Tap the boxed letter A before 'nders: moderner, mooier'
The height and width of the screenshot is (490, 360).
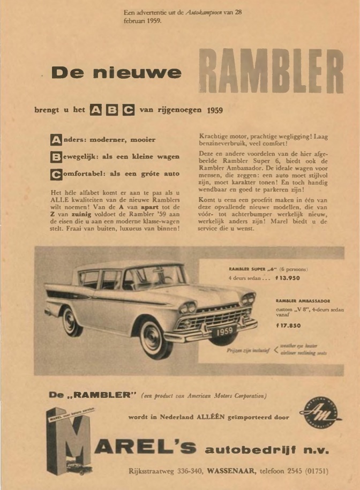[x=56, y=140]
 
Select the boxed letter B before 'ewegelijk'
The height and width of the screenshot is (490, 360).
[x=56, y=157]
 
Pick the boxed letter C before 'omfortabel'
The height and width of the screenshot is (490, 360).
[x=56, y=175]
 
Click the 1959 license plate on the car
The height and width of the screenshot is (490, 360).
[x=224, y=331]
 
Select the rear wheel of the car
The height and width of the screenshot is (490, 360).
[x=71, y=322]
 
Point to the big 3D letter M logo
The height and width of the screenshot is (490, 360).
[x=67, y=441]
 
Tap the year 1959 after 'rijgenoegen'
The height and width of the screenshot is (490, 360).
[x=215, y=111]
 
